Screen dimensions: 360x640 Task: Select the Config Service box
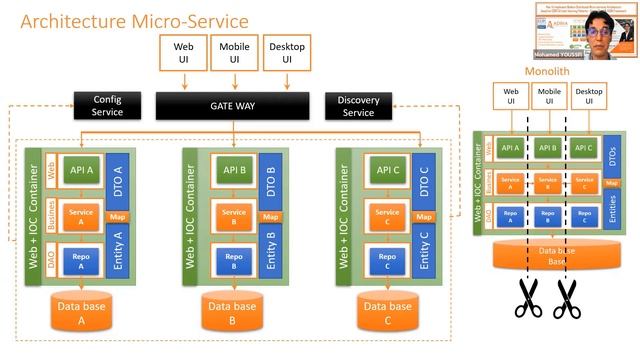(107, 106)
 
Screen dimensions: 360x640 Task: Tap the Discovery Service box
(358, 106)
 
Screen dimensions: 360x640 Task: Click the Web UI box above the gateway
(183, 53)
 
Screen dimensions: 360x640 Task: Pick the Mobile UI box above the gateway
(233, 53)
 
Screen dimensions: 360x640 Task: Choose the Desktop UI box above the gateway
(284, 53)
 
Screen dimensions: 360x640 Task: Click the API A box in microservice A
(83, 169)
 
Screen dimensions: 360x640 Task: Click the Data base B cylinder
(233, 313)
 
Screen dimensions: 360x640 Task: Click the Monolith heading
(548, 72)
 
